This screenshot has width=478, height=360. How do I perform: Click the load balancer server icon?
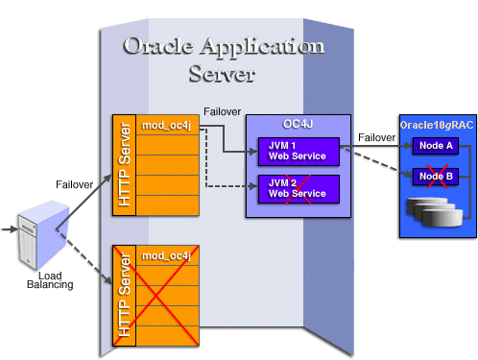(x=36, y=231)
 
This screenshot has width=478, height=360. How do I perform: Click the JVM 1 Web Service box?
(x=298, y=150)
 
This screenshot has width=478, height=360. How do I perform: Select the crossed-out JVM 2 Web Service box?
(x=298, y=188)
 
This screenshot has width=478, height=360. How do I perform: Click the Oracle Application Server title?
(x=224, y=60)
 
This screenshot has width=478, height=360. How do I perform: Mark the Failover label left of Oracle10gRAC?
(x=375, y=137)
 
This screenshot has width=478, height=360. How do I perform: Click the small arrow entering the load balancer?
(x=9, y=229)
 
